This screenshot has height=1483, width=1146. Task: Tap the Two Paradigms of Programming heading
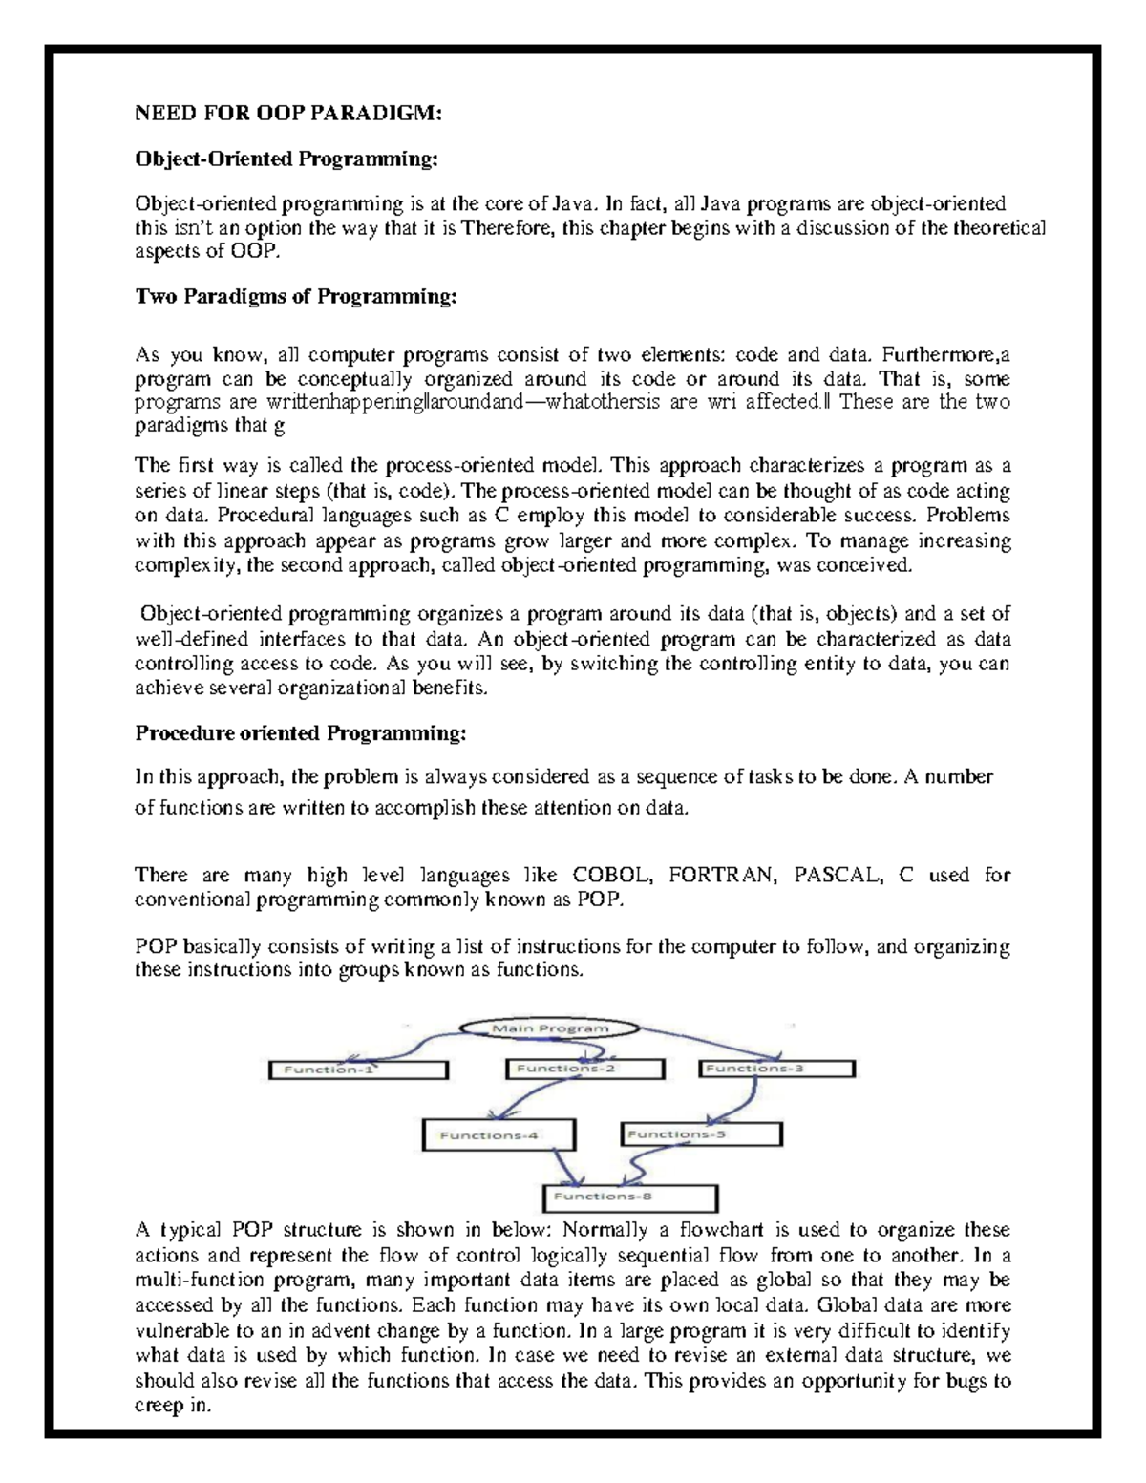click(296, 297)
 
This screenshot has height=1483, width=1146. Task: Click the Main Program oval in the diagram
click(549, 1028)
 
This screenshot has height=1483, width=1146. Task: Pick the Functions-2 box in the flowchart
click(583, 1070)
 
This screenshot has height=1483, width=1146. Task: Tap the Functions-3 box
click(776, 1070)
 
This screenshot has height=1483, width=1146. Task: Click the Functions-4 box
click(499, 1135)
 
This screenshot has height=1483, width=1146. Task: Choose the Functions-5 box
click(702, 1134)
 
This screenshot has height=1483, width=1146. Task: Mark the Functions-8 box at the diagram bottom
click(630, 1197)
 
